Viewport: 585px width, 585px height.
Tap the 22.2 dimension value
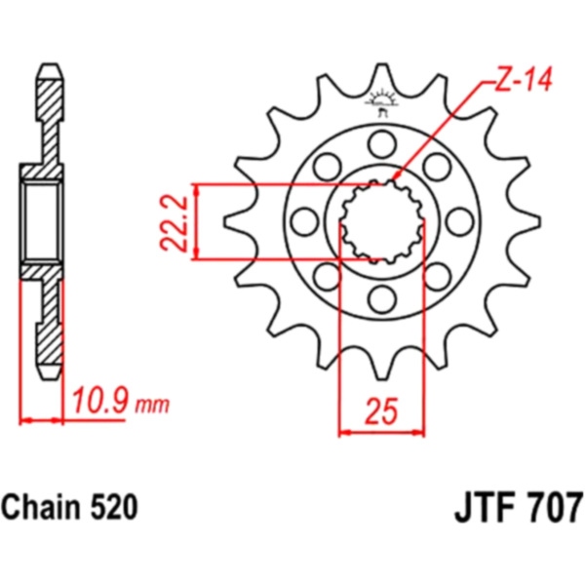coord(174,222)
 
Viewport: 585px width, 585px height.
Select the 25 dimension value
coord(382,411)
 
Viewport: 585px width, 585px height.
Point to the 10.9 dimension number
coord(100,401)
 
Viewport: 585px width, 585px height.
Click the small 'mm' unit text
coord(152,406)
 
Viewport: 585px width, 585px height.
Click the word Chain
coord(42,507)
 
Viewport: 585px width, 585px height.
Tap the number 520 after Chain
coord(114,507)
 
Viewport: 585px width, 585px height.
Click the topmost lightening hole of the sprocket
coord(382,144)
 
